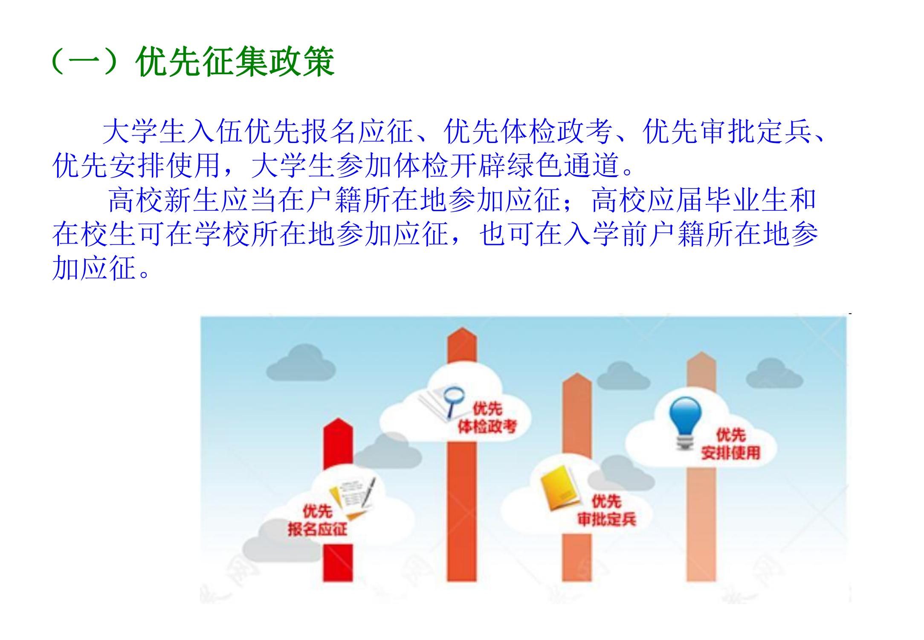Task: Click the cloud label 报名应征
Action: [x=317, y=529]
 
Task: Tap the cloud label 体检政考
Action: [x=487, y=426]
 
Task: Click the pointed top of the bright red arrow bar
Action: [x=338, y=419]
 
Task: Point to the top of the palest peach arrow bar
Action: [x=701, y=352]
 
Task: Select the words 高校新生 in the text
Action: [x=164, y=200]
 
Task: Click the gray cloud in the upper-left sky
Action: [x=301, y=363]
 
